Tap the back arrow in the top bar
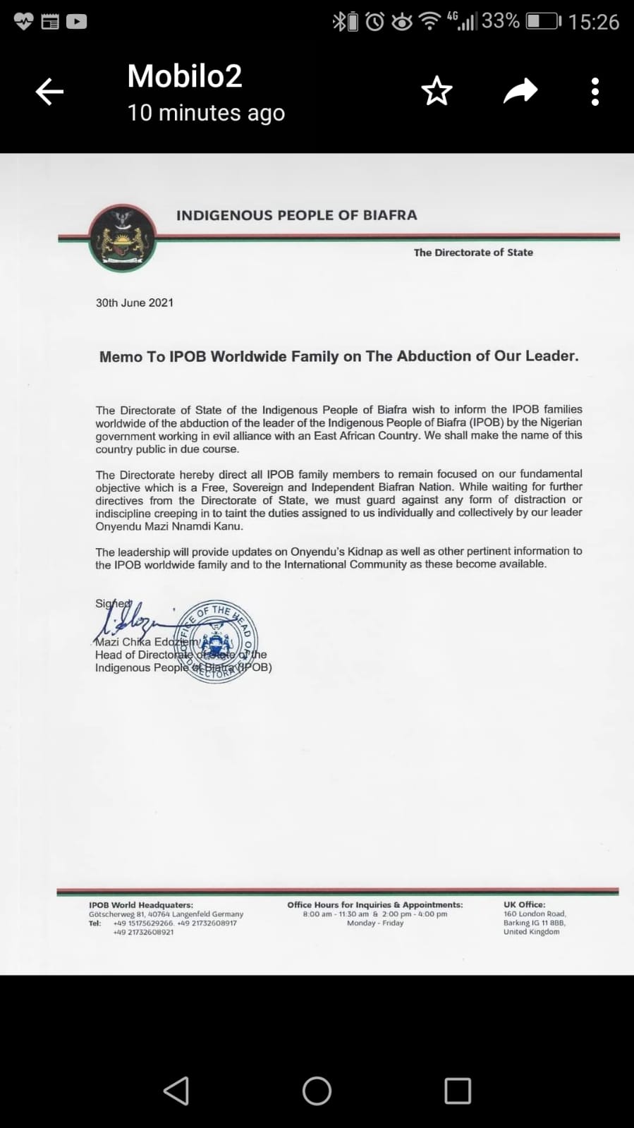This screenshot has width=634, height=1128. click(x=49, y=92)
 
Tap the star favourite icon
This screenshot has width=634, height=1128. click(x=437, y=91)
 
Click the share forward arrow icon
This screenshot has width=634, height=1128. click(x=520, y=91)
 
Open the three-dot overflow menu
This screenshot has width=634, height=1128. click(x=595, y=92)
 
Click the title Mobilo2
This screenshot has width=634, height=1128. click(x=185, y=76)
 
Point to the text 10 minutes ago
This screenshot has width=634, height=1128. click(x=206, y=113)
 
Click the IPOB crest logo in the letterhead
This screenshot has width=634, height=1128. click(x=123, y=238)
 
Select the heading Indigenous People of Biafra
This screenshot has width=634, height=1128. click(x=296, y=215)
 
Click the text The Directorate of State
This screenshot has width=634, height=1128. click(x=473, y=253)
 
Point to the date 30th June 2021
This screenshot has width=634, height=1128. click(x=135, y=303)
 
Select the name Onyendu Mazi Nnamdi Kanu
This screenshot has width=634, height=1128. click(x=169, y=526)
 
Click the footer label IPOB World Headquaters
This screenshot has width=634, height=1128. click(x=141, y=905)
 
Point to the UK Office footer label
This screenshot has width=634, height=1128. click(x=524, y=904)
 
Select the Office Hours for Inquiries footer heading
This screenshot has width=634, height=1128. click(x=375, y=904)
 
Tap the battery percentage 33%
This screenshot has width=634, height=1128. click(x=501, y=21)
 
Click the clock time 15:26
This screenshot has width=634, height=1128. click(x=594, y=22)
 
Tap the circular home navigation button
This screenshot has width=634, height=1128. click(x=317, y=1091)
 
